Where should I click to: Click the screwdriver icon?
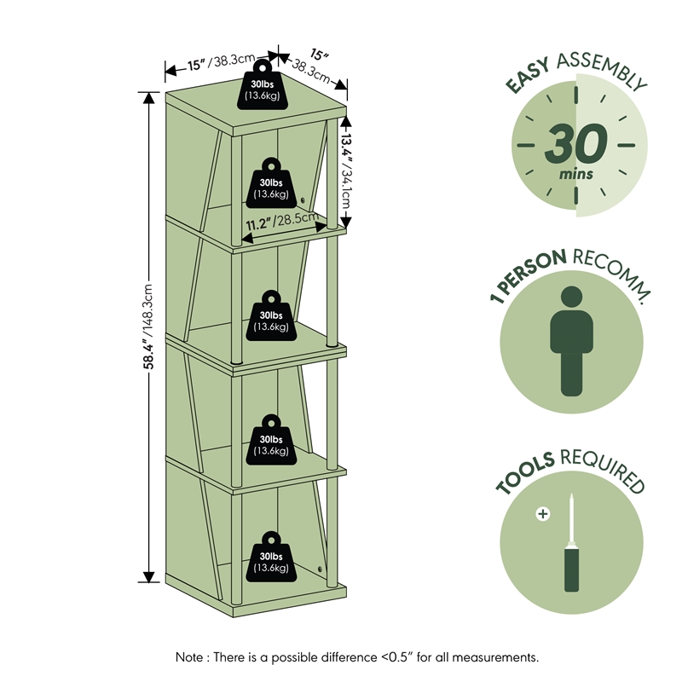pos(571,546)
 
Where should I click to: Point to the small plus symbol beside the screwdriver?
pos(541,514)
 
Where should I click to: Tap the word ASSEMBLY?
pos(602,67)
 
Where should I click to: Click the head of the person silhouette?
pos(573,298)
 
